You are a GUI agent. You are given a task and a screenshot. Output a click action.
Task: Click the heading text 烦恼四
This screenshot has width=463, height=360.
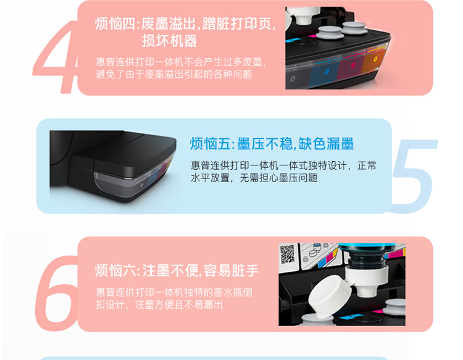tap(115, 24)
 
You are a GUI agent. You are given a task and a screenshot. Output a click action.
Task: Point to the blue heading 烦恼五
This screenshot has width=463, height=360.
tap(210, 144)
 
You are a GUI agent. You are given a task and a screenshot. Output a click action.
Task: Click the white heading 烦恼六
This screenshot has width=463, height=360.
tap(115, 270)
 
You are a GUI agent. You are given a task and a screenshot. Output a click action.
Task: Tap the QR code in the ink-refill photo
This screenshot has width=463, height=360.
tap(287, 254)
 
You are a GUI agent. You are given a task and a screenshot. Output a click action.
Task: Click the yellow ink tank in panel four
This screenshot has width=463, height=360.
tap(374, 61)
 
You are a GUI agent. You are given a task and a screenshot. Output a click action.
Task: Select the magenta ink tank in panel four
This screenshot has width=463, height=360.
tap(351, 67)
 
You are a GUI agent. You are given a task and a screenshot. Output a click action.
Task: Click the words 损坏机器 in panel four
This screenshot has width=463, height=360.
tap(169, 41)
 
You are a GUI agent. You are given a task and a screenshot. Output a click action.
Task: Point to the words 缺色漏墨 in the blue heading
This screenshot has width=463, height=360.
tap(326, 144)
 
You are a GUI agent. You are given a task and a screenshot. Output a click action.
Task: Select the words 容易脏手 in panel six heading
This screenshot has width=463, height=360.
tap(231, 270)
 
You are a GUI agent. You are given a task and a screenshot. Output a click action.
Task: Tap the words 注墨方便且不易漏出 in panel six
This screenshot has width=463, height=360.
tap(178, 304)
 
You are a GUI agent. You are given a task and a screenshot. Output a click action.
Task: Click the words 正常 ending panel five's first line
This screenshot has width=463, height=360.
tap(367, 165)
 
